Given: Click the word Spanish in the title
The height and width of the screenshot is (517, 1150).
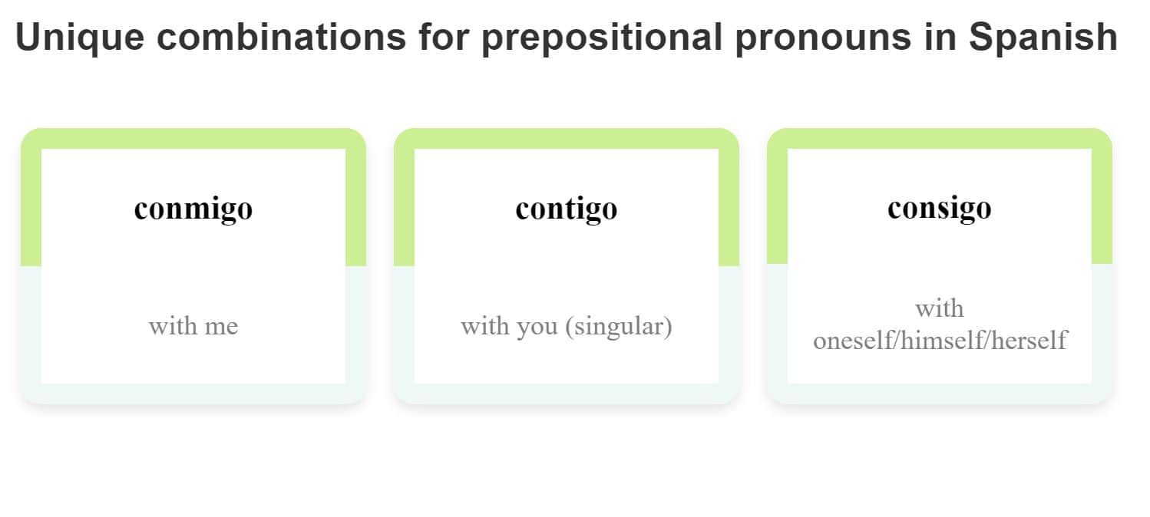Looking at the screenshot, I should tap(1043, 38).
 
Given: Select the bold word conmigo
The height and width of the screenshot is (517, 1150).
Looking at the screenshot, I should tap(193, 208).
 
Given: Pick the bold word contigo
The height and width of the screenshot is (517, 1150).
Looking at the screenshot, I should tap(567, 208).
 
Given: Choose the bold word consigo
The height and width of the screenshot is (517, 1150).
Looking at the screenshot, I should tap(939, 208).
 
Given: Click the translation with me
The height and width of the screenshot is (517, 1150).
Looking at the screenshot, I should tap(193, 326).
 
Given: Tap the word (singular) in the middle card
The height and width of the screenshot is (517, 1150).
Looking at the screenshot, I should tap(619, 326).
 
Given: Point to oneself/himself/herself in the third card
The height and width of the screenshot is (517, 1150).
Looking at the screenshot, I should tap(940, 340).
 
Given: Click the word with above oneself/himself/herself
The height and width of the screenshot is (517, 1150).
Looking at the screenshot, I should tap(940, 308).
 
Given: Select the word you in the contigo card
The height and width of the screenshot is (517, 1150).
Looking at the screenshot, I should tap(537, 326).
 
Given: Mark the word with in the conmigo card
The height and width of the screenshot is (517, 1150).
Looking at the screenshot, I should tap(172, 326).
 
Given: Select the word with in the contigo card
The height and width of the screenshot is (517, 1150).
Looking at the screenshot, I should tap(484, 326).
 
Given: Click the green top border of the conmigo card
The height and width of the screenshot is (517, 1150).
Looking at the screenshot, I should tap(193, 138).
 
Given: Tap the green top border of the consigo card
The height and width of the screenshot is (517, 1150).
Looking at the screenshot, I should tap(940, 138).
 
